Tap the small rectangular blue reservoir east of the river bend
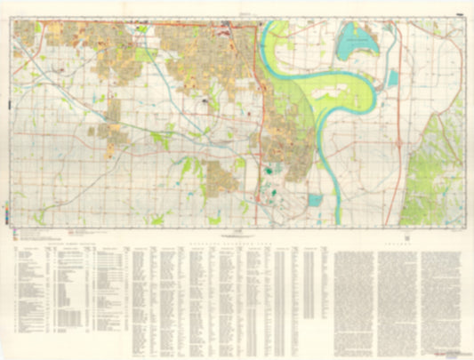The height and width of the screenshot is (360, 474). coord(392,78)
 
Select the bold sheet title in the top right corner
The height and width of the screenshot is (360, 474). coord(457,12)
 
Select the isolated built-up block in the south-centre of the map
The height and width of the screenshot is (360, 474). coord(222,178)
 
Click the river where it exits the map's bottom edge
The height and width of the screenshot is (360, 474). coord(338,221)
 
